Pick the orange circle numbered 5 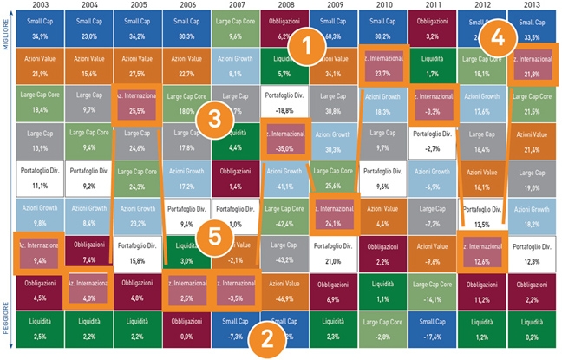[x=211, y=236]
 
